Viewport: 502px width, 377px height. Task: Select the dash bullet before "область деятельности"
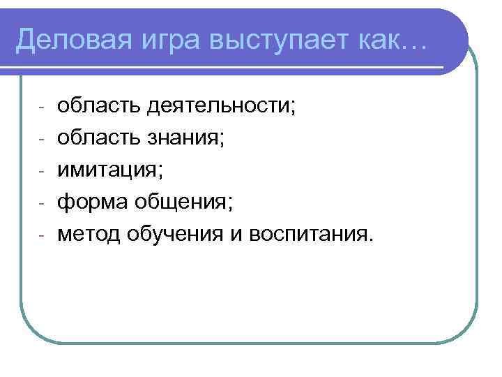pyautogui.click(x=42, y=109)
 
